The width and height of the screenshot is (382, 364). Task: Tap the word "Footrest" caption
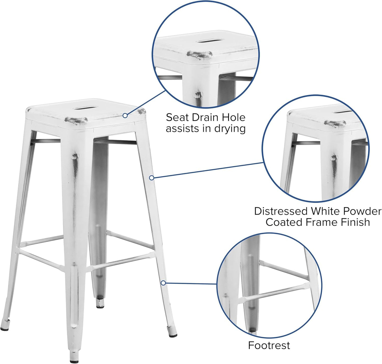coord(269,345)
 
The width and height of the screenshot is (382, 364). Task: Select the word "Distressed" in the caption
coord(281,211)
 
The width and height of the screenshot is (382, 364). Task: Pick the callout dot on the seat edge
coord(125,115)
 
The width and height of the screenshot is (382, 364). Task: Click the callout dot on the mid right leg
coord(151,178)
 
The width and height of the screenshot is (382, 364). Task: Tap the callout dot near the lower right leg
coord(163,283)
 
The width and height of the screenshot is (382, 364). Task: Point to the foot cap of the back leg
coord(100,306)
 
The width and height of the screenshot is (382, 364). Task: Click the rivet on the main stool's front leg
coord(75,157)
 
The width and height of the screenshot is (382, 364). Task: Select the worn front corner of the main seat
coord(76,120)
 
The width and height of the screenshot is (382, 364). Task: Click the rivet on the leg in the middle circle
coord(334,158)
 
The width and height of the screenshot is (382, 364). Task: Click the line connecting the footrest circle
coord(190,284)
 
